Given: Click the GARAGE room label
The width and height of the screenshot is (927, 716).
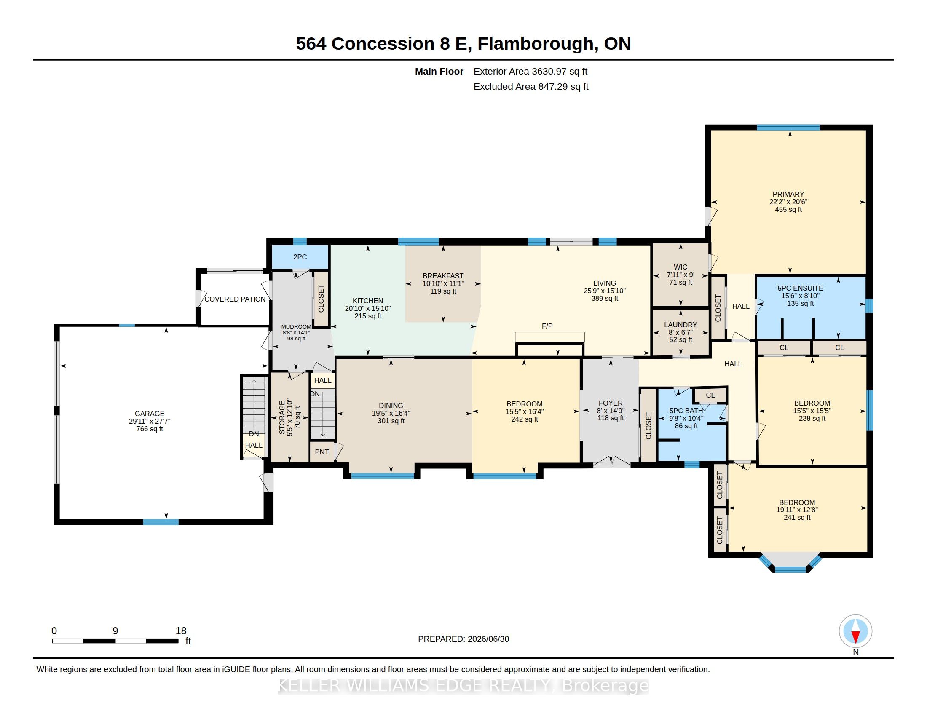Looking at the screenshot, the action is (150, 414).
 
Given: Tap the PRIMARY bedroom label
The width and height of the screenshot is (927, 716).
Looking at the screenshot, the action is (788, 194).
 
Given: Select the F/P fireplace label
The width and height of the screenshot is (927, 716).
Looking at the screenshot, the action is (547, 326).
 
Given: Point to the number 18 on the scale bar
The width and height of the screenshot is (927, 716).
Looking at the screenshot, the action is (181, 631).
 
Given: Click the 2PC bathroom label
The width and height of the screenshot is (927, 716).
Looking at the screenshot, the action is (300, 257).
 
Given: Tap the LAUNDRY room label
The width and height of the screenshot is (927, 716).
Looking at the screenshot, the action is (681, 325).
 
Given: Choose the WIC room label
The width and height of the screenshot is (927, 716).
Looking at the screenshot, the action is (681, 267).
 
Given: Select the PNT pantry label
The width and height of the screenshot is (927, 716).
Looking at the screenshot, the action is (322, 452).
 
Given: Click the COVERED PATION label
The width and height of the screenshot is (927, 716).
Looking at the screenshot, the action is (235, 299).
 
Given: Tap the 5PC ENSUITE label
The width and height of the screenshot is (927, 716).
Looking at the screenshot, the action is (801, 288).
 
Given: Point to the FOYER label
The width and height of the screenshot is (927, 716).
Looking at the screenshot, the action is (611, 403).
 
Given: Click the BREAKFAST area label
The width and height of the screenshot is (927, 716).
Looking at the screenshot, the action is (443, 276).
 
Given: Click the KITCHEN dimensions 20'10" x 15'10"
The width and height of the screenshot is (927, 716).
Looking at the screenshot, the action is (367, 308).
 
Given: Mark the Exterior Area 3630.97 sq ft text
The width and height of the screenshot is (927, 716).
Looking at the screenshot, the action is (530, 72).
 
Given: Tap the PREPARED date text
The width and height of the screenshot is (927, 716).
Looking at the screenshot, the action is (463, 639).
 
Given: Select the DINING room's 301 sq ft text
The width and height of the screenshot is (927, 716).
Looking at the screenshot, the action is (391, 421).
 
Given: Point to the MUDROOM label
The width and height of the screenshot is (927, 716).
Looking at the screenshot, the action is (296, 326).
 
